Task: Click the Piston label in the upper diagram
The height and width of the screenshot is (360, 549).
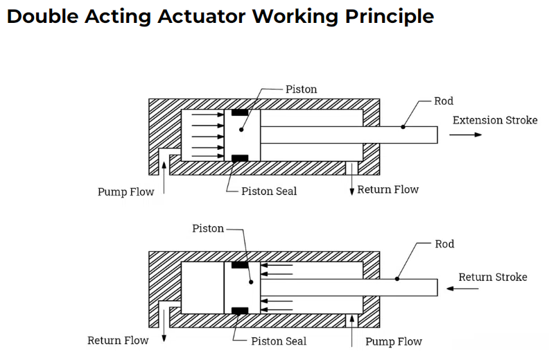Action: tap(301, 89)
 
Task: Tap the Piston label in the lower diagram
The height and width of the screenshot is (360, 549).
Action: tap(208, 228)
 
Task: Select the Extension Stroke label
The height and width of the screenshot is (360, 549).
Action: tap(494, 120)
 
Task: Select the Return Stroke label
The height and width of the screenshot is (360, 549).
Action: tap(492, 277)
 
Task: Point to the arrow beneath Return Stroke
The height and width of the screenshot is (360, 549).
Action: tap(467, 288)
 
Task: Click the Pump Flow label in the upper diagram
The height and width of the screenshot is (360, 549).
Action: tap(125, 191)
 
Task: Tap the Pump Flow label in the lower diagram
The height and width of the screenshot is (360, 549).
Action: tap(393, 341)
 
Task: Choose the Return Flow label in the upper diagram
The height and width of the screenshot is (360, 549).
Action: tap(387, 189)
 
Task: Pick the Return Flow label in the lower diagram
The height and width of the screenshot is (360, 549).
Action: tap(118, 341)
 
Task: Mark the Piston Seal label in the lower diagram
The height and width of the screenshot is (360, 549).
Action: tap(279, 341)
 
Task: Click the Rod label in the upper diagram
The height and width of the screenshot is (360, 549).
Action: tap(444, 101)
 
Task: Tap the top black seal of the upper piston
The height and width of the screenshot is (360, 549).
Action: tap(240, 113)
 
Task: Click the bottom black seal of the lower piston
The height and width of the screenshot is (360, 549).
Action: tap(241, 311)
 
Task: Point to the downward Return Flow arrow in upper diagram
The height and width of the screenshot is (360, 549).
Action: tap(351, 181)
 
